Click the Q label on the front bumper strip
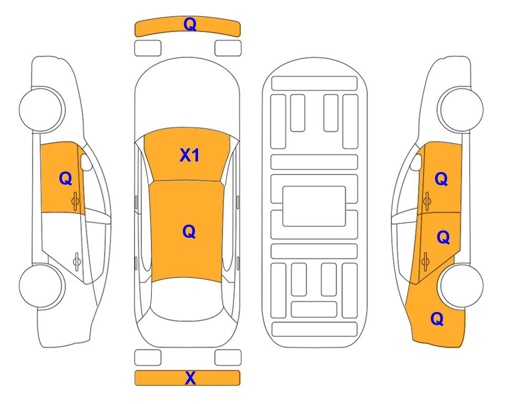[x=190, y=24]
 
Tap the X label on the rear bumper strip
[x=191, y=378]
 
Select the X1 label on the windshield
[x=190, y=155]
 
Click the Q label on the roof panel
[x=189, y=231]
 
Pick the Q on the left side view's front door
[x=65, y=179]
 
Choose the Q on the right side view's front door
[x=441, y=179]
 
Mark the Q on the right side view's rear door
[x=443, y=238]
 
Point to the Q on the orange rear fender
[x=437, y=319]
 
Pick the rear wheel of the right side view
[x=461, y=286]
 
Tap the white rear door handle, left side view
[x=77, y=260]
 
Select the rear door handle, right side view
[x=426, y=259]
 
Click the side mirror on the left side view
[x=87, y=163]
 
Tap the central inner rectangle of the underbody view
[x=314, y=206]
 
